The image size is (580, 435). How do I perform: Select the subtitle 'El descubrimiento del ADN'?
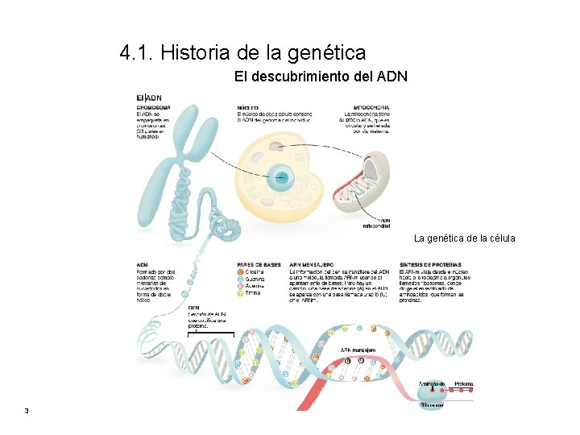pos(321,77)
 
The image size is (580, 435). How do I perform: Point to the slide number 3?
pos(27,412)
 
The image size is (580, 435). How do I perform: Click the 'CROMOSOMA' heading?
pos(153,107)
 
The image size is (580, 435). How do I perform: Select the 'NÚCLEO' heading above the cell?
pos(248,107)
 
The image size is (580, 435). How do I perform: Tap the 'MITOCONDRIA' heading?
pos(371,107)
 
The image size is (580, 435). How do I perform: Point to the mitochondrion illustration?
pos(362,184)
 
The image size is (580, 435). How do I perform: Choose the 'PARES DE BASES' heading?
pos(259,264)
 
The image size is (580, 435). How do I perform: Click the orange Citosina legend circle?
pos(240,272)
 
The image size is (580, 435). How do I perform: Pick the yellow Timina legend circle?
pos(240,293)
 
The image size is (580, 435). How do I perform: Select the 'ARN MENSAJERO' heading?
pos(311,264)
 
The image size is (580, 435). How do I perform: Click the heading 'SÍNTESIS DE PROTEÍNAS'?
pos(430,264)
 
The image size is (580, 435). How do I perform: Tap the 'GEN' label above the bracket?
pos(193,308)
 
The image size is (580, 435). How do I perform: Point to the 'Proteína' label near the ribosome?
pos(463,383)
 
